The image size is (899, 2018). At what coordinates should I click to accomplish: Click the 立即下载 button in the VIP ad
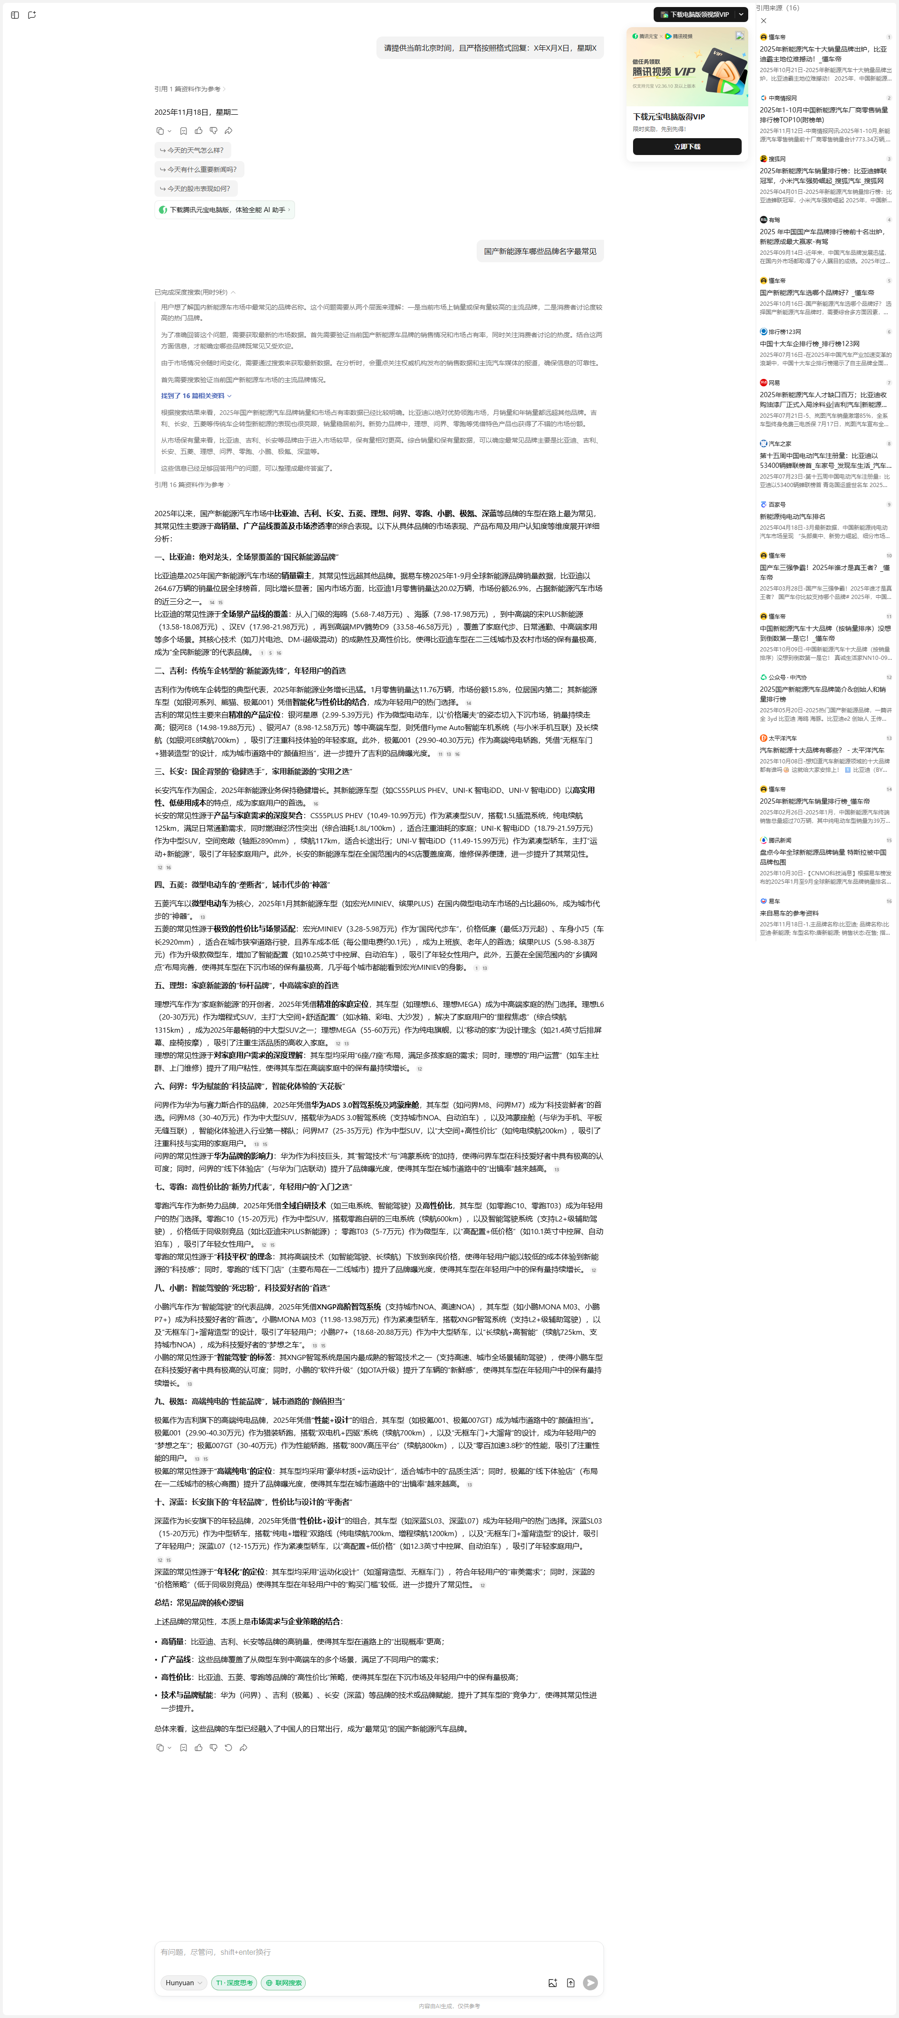click(x=687, y=147)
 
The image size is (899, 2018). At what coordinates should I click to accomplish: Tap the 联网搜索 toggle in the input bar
click(x=283, y=1983)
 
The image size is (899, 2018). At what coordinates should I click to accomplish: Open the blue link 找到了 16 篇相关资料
click(x=196, y=396)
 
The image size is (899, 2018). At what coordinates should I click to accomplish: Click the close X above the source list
click(x=764, y=21)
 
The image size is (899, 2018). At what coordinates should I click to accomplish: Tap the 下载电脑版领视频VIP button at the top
click(x=694, y=14)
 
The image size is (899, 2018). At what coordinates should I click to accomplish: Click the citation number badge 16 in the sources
click(x=889, y=901)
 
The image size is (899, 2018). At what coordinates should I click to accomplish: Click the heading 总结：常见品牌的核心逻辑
click(x=199, y=1603)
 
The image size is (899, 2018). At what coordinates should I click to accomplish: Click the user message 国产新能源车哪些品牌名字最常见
click(x=539, y=251)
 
